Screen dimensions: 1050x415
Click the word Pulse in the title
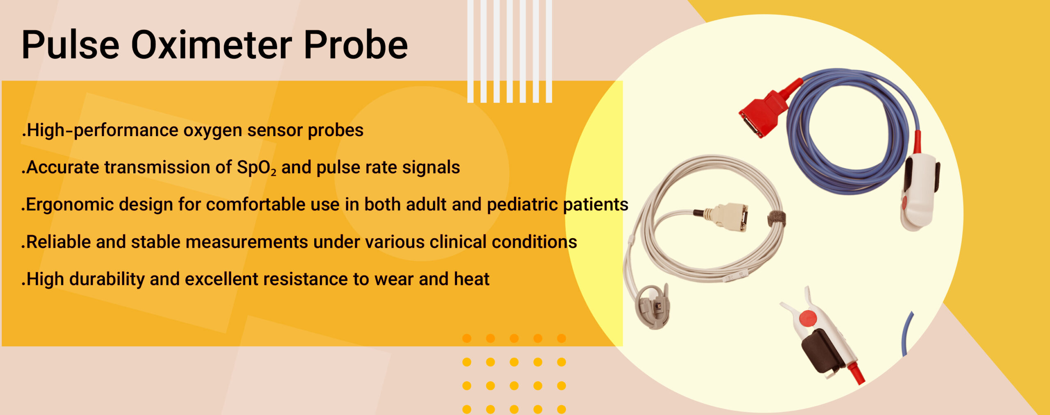[x=71, y=45]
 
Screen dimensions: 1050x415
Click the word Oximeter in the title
[x=212, y=45]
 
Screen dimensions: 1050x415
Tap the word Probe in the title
[x=356, y=45]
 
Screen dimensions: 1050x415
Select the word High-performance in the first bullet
[x=102, y=130]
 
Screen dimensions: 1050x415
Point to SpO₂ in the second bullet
[x=256, y=168]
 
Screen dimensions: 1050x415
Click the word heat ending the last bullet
[x=472, y=279]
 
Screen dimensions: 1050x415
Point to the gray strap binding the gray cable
[x=777, y=219]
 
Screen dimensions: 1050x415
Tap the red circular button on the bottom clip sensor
[x=808, y=319]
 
